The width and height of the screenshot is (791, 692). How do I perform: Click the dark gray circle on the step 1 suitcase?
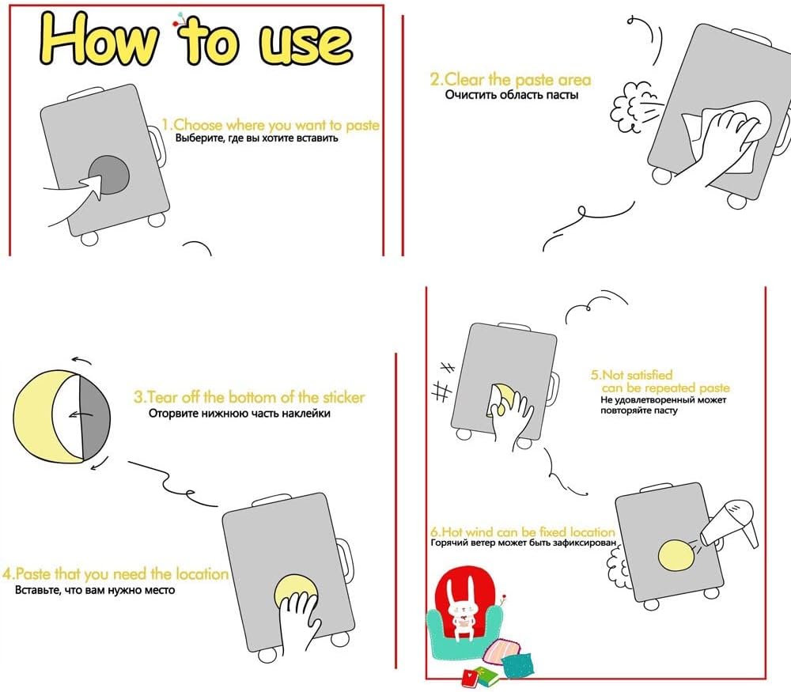pos(111,175)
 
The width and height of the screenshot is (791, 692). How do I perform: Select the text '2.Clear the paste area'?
pos(510,79)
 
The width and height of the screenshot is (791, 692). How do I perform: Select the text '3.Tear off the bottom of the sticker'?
pos(248,397)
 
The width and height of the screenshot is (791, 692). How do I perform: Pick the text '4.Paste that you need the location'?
pos(115,573)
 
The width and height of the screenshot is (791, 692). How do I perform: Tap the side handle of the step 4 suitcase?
pos(345,558)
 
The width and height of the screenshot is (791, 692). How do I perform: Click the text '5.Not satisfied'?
pos(631,375)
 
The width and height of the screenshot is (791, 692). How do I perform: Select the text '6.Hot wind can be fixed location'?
pos(523,531)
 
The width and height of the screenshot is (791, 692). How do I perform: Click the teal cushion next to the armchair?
pos(519,666)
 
